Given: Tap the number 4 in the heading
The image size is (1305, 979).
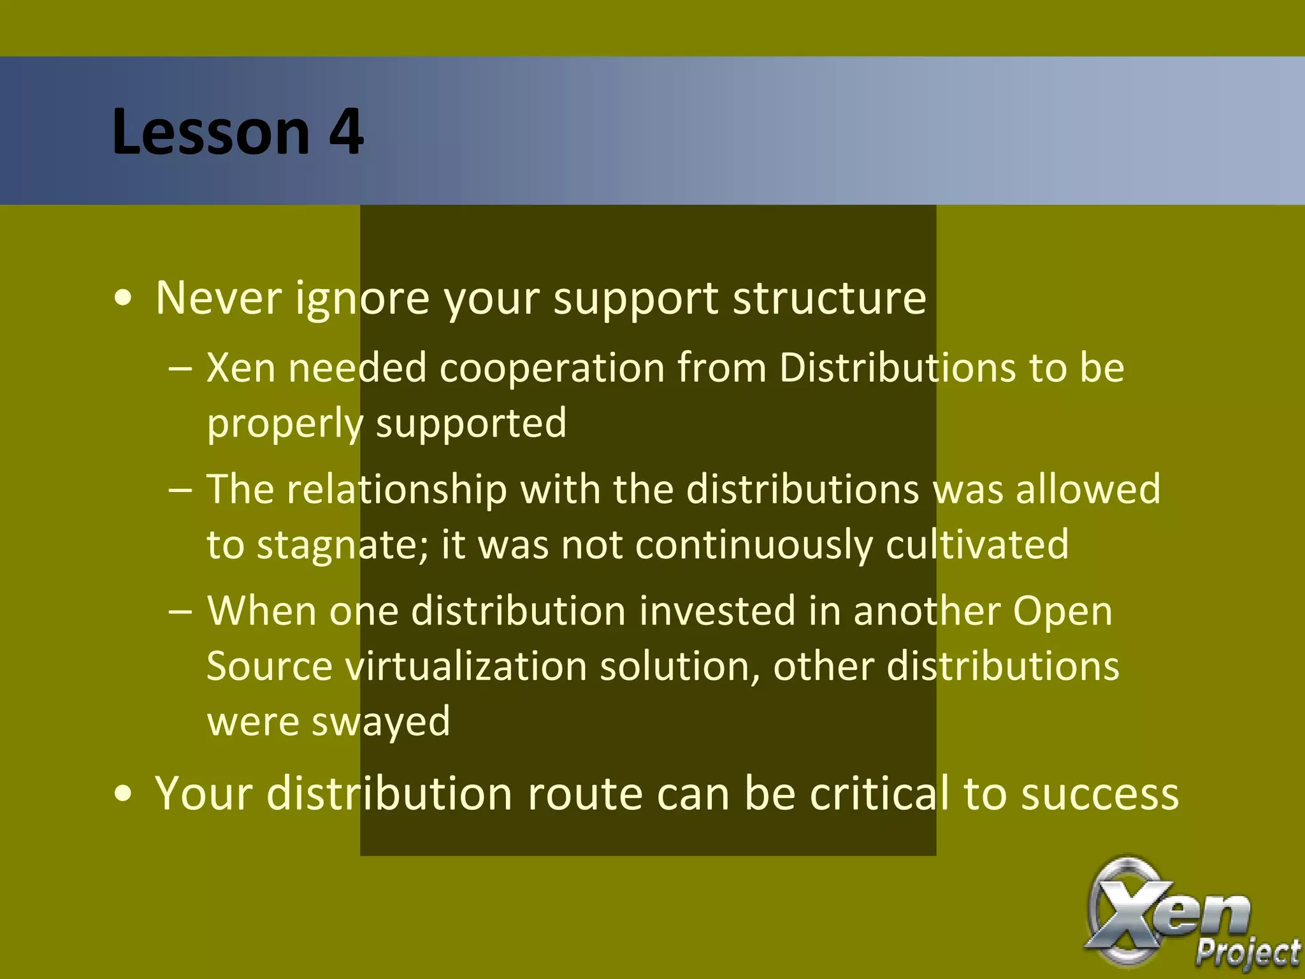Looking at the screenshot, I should pyautogui.click(x=346, y=132).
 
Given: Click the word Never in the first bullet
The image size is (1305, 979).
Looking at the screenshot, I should pyautogui.click(x=219, y=298).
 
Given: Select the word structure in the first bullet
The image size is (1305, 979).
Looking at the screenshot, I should pyautogui.click(x=829, y=298).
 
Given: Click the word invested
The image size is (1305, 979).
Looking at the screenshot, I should pyautogui.click(x=717, y=611).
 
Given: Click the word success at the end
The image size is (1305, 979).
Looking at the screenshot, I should pyautogui.click(x=1100, y=794).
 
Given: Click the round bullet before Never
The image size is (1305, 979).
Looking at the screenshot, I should pyautogui.click(x=124, y=299).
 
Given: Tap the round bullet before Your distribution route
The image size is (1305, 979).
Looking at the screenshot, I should pyautogui.click(x=124, y=795).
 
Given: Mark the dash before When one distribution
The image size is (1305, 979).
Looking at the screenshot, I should pyautogui.click(x=180, y=611).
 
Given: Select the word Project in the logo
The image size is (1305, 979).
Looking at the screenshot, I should pyautogui.click(x=1247, y=954).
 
